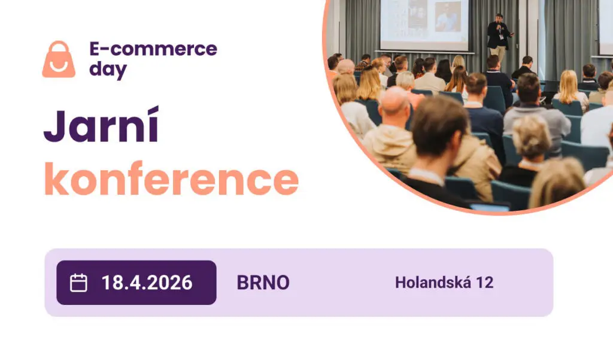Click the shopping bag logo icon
[59, 59]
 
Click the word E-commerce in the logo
[153, 49]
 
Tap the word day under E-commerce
[108, 69]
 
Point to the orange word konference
[171, 178]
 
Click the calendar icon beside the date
[78, 283]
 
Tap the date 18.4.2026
[147, 283]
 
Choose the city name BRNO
[263, 283]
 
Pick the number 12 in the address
[484, 283]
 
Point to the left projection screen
[424, 24]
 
